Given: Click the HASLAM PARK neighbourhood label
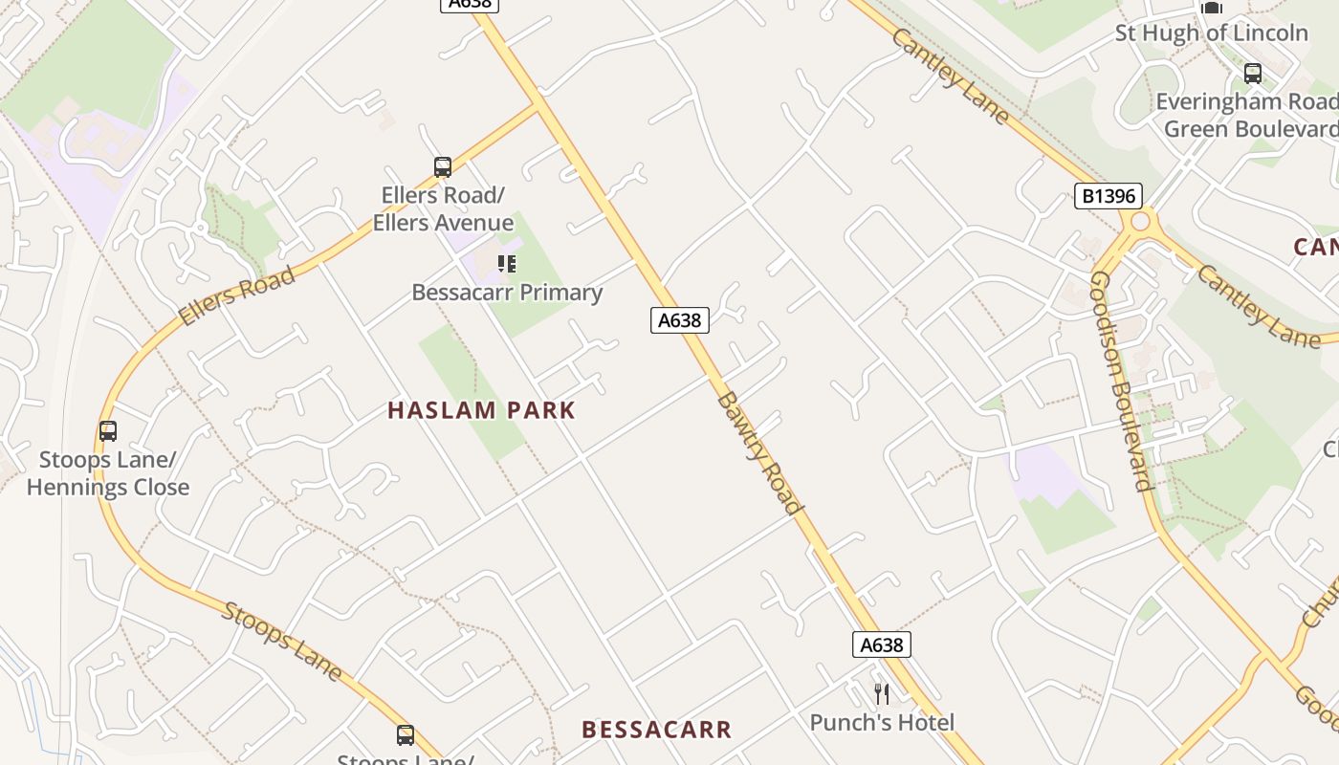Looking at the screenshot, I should [x=481, y=410].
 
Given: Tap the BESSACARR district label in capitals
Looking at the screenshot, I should [x=656, y=730].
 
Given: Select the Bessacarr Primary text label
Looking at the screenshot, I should [x=507, y=293].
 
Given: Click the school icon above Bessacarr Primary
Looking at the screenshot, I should [x=507, y=264].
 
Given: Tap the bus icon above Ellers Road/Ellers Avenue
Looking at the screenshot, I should [x=442, y=167].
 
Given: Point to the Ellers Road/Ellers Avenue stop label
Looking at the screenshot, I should [x=443, y=209].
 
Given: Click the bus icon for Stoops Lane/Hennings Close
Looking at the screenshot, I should [x=108, y=431].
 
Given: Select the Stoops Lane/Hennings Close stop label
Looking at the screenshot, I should [x=108, y=473].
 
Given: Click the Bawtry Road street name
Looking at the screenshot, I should [x=758, y=451].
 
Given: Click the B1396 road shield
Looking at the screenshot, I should [x=1109, y=196].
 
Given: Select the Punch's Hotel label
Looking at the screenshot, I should [x=882, y=722].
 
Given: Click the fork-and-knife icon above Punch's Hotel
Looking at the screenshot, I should [x=882, y=693].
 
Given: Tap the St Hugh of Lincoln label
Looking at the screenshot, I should [x=1211, y=33].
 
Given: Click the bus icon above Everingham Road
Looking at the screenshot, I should [x=1252, y=73].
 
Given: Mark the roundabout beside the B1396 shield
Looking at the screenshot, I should [x=1139, y=222].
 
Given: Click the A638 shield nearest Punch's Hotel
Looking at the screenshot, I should [x=881, y=645].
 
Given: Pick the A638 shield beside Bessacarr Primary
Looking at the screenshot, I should [x=680, y=320].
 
